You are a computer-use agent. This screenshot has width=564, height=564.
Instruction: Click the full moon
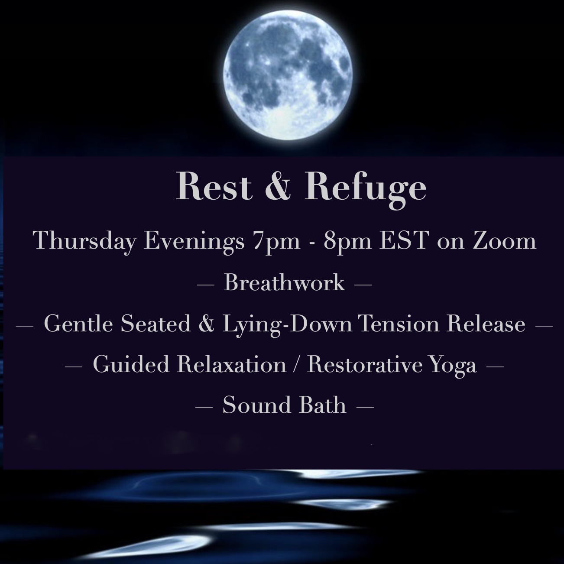[x=288, y=75]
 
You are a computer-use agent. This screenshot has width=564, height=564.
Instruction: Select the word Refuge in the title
[x=365, y=190]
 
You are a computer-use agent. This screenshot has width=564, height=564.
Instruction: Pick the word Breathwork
[x=284, y=282]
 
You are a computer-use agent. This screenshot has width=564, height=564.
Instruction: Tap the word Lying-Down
[x=287, y=325]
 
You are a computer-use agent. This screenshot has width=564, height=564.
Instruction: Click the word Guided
[x=131, y=364]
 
